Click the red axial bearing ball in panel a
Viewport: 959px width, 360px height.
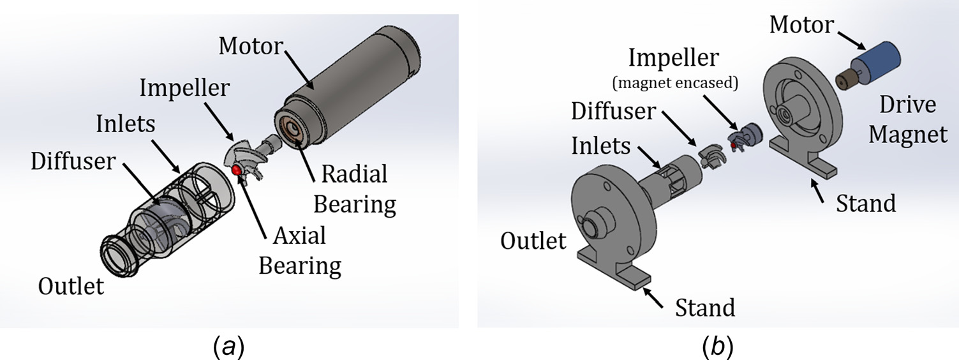(x=236, y=170)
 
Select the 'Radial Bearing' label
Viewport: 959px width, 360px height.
(x=355, y=189)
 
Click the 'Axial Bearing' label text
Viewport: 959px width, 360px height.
(x=300, y=250)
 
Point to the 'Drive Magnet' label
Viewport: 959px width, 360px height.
(x=907, y=119)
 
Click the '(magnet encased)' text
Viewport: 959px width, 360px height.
(x=675, y=82)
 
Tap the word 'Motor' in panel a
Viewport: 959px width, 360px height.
(x=251, y=46)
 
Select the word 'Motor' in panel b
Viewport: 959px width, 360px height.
(x=801, y=24)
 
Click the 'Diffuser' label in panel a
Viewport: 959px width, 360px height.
(x=73, y=161)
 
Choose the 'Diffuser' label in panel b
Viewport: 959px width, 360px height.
(x=614, y=111)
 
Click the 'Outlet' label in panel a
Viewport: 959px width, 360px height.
(x=71, y=286)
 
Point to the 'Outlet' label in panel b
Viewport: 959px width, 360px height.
(x=533, y=241)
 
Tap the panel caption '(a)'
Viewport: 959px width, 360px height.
(x=229, y=347)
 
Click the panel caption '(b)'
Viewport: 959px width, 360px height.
(x=718, y=347)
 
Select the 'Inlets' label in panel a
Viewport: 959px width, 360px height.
(x=126, y=124)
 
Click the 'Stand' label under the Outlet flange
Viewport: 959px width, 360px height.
(x=705, y=308)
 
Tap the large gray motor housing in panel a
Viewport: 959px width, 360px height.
(x=346, y=91)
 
